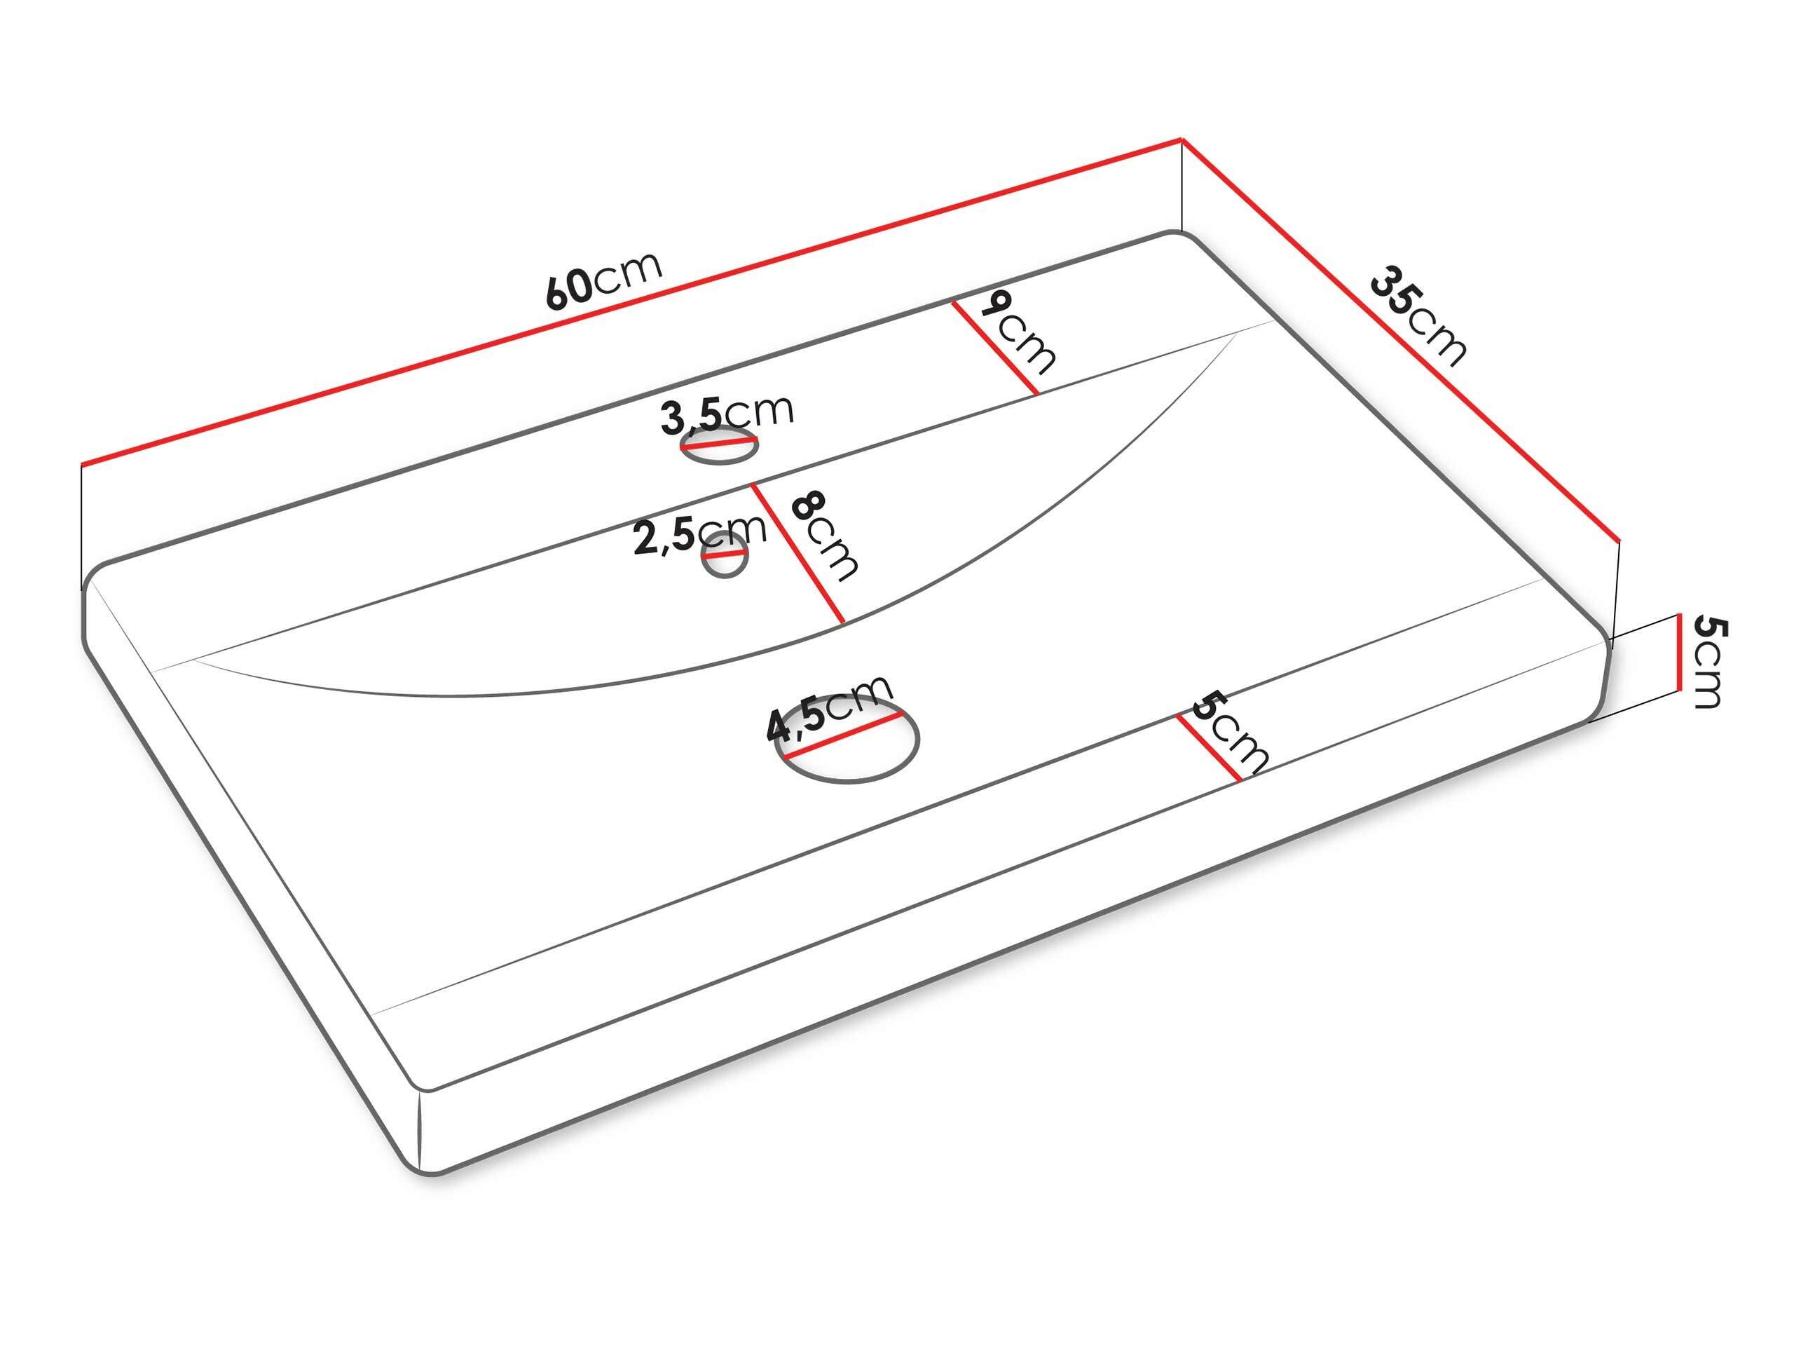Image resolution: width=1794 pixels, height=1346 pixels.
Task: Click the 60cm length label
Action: point(604,280)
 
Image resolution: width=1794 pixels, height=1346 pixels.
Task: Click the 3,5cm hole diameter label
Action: point(727,414)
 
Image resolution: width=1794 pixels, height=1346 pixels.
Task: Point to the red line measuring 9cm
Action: point(994,348)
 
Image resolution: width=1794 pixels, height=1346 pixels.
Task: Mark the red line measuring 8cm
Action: point(798,553)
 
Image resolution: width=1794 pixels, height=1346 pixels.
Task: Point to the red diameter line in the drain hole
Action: point(841,736)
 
